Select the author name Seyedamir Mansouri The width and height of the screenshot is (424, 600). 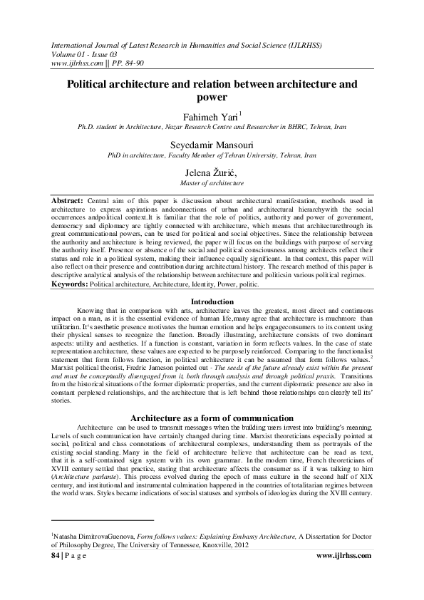[x=212, y=145]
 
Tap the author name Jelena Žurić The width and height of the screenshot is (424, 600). [x=212, y=174]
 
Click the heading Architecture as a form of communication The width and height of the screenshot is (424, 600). [x=212, y=417]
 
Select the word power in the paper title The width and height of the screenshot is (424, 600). [x=212, y=97]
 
